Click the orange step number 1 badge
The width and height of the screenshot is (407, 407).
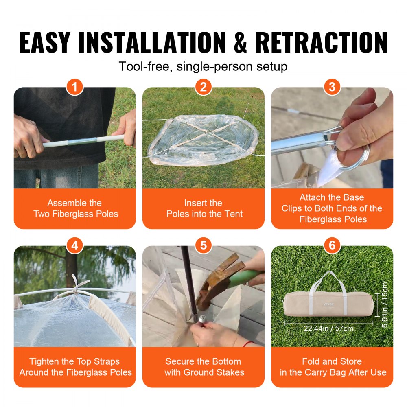click(x=75, y=87)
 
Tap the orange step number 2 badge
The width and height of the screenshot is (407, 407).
click(x=203, y=87)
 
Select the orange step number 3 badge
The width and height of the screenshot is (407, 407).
click(x=332, y=87)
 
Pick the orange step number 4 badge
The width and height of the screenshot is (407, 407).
click(x=75, y=245)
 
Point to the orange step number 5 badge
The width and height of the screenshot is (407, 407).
click(x=203, y=245)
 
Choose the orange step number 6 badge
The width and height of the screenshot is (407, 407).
click(x=332, y=245)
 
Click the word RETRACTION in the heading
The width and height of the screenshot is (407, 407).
click(x=321, y=42)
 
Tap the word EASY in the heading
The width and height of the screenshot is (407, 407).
click(x=48, y=42)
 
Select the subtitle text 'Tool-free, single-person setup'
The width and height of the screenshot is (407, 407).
click(x=203, y=66)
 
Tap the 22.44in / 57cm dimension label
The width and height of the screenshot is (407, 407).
click(x=328, y=328)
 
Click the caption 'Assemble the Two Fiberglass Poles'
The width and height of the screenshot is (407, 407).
click(x=75, y=208)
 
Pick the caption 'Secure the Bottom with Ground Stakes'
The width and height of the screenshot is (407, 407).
click(x=203, y=367)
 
